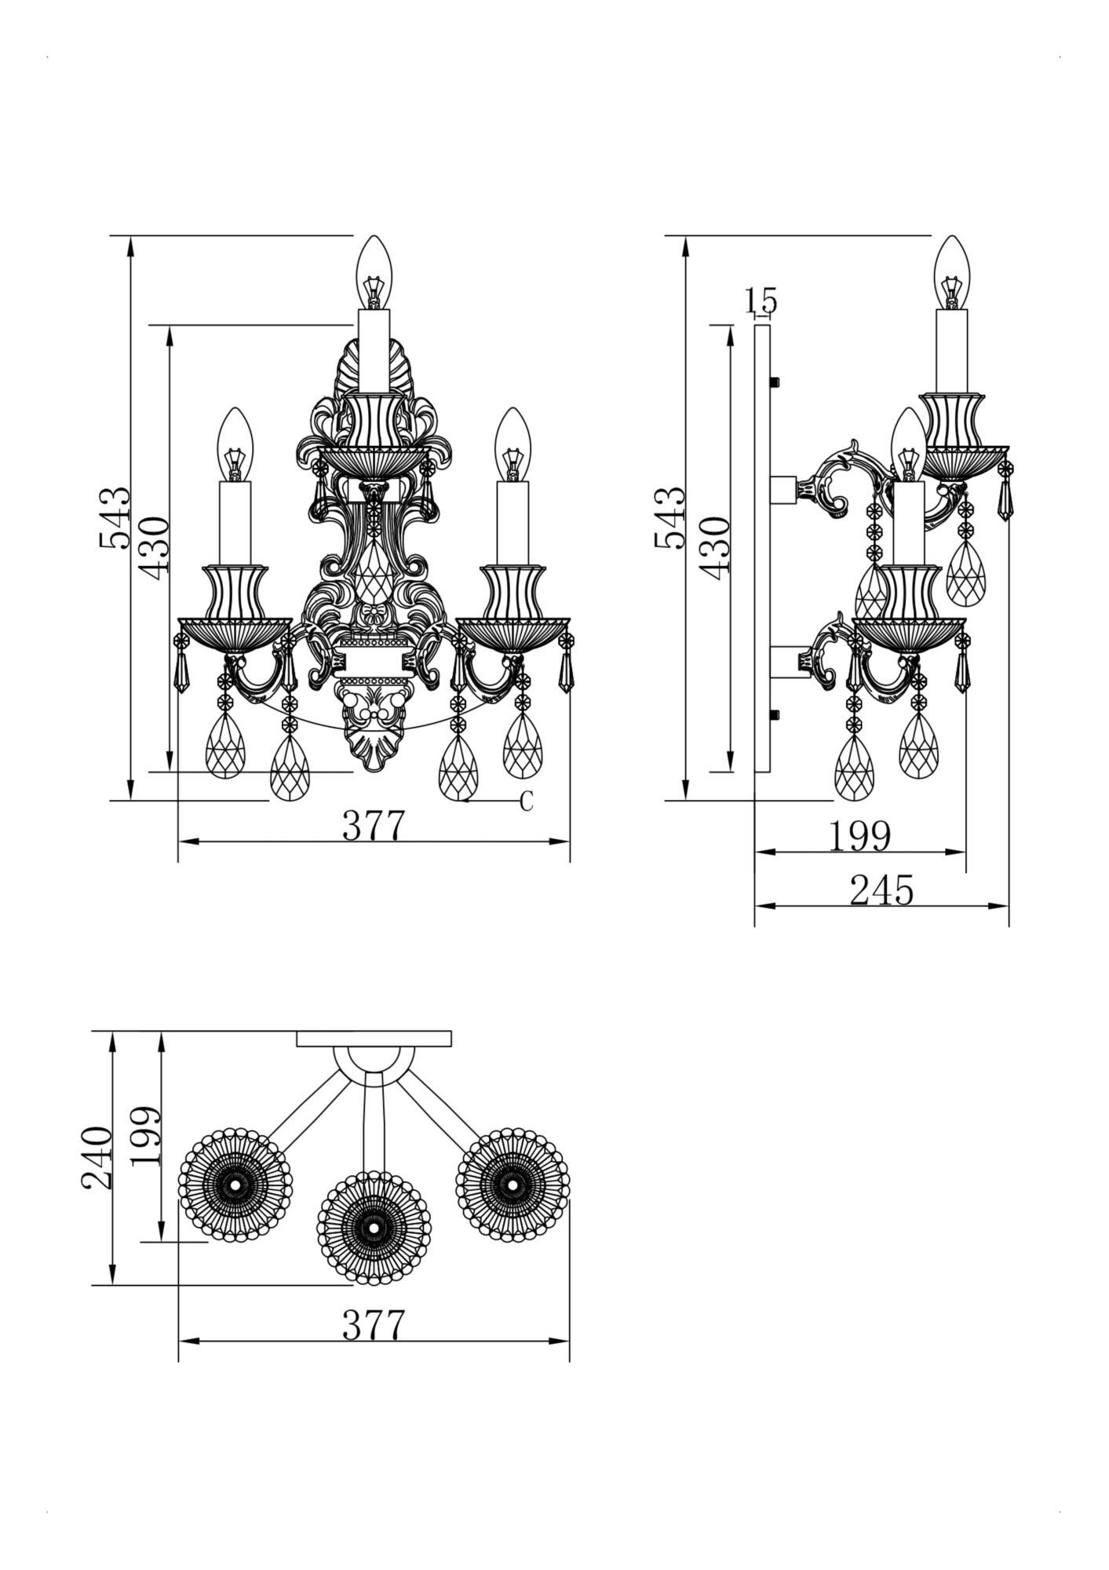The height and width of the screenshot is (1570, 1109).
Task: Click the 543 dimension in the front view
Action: pos(114,517)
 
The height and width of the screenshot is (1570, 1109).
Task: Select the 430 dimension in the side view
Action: pos(716,548)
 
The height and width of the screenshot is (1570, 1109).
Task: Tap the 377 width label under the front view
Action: pos(374,825)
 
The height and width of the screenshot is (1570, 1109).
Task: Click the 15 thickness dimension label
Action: pos(760,300)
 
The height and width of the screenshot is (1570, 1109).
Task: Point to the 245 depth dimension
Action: pos(881,890)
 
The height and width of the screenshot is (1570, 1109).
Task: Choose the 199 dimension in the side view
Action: pos(859,836)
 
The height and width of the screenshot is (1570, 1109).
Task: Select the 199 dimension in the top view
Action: pos(146,1136)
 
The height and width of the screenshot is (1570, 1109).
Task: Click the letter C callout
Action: pos(527,801)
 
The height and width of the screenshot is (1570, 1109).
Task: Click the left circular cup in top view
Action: pos(235,1184)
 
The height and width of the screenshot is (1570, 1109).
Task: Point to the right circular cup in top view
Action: pos(513,1184)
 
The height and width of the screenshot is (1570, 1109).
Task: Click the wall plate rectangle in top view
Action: pos(374,1039)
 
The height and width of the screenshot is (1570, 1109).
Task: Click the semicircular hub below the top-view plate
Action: pos(374,1061)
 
